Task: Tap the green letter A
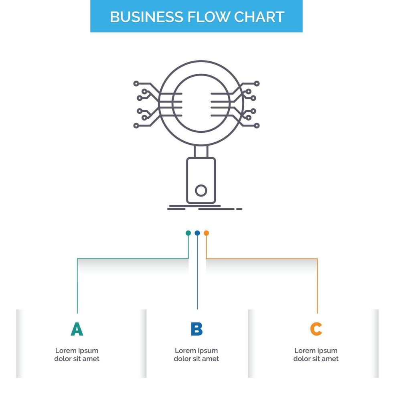pyautogui.click(x=77, y=329)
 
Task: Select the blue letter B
pyautogui.click(x=196, y=329)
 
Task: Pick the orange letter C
pyautogui.click(x=316, y=329)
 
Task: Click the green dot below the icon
pyautogui.click(x=188, y=233)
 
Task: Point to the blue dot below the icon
pyautogui.click(x=197, y=233)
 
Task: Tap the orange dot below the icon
pyautogui.click(x=206, y=233)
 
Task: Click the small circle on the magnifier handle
pyautogui.click(x=201, y=190)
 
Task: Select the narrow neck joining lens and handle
pyautogui.click(x=201, y=152)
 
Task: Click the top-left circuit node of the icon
pyautogui.click(x=136, y=83)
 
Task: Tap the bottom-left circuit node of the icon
pyautogui.click(x=136, y=126)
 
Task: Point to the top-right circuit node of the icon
pyautogui.click(x=257, y=83)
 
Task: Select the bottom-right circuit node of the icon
pyautogui.click(x=257, y=126)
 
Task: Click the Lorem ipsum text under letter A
pyautogui.click(x=77, y=355)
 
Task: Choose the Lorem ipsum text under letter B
pyautogui.click(x=196, y=355)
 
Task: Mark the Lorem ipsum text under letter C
pyautogui.click(x=316, y=355)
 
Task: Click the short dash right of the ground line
pyautogui.click(x=239, y=209)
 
